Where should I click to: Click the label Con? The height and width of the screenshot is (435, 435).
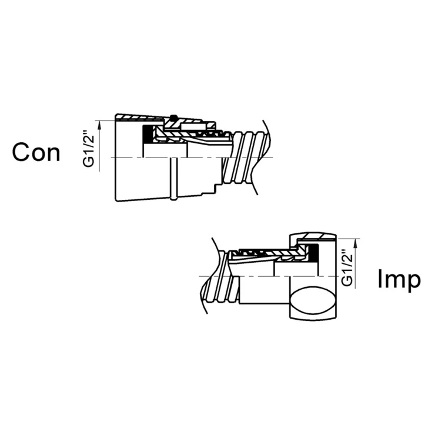point(36,152)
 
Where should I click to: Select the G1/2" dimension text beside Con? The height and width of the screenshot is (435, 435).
point(89,152)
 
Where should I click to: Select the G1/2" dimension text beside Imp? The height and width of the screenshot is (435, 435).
point(347,267)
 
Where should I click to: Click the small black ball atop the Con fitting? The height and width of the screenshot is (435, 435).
point(174,116)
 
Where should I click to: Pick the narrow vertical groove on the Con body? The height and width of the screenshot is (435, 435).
point(173,178)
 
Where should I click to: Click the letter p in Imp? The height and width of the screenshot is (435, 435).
point(414,282)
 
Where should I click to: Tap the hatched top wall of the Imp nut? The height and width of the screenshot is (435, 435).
point(316,236)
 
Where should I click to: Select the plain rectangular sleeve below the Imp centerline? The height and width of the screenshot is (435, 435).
point(265,290)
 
